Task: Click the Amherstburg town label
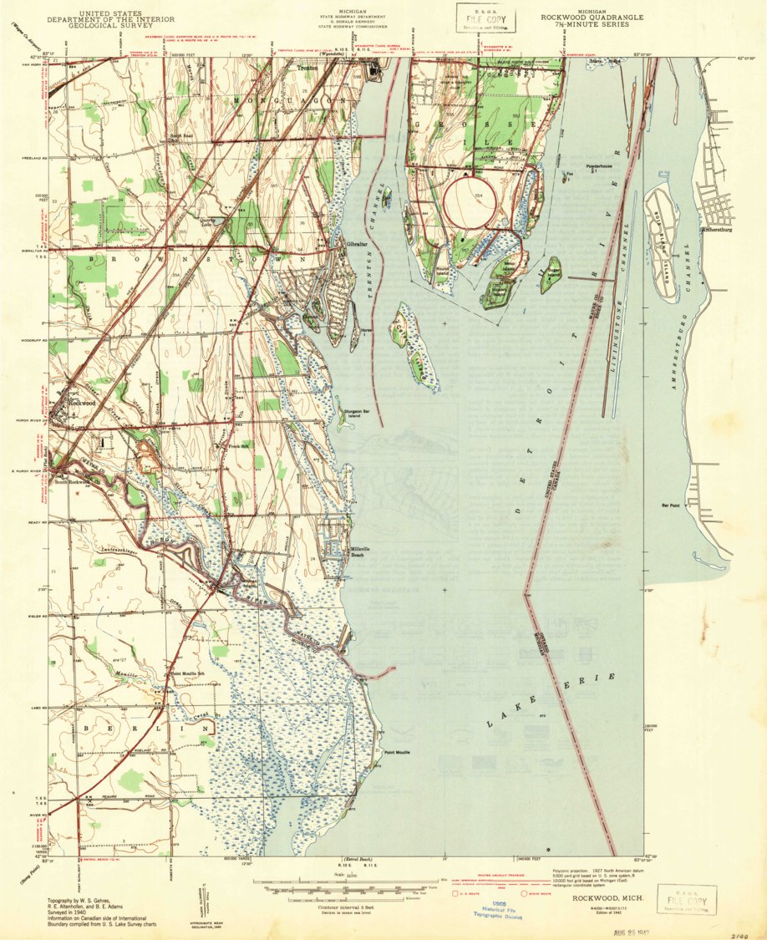point(718,226)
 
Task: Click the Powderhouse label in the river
point(599,166)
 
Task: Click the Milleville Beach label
point(361,552)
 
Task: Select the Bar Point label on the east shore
point(671,506)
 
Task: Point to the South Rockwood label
point(71,482)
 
